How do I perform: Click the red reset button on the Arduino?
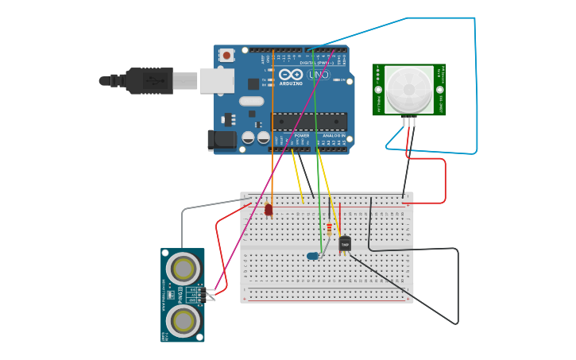[x=227, y=56]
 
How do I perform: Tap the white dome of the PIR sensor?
[x=409, y=89]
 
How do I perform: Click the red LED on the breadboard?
[x=269, y=210]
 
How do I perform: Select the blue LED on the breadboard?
[x=312, y=256]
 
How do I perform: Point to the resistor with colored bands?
[x=330, y=229]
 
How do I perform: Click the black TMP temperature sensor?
[x=345, y=245]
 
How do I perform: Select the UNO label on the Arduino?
[x=319, y=75]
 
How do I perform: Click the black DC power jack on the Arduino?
[x=222, y=141]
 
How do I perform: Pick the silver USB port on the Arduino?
[x=216, y=80]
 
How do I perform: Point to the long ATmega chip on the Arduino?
[x=310, y=122]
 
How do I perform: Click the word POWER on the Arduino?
[x=302, y=136]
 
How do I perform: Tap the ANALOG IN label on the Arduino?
[x=334, y=136]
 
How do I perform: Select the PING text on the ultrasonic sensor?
[x=180, y=295]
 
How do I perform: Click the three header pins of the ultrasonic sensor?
[x=210, y=294]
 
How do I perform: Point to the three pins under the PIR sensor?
[x=409, y=122]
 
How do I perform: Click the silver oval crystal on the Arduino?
[x=251, y=101]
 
